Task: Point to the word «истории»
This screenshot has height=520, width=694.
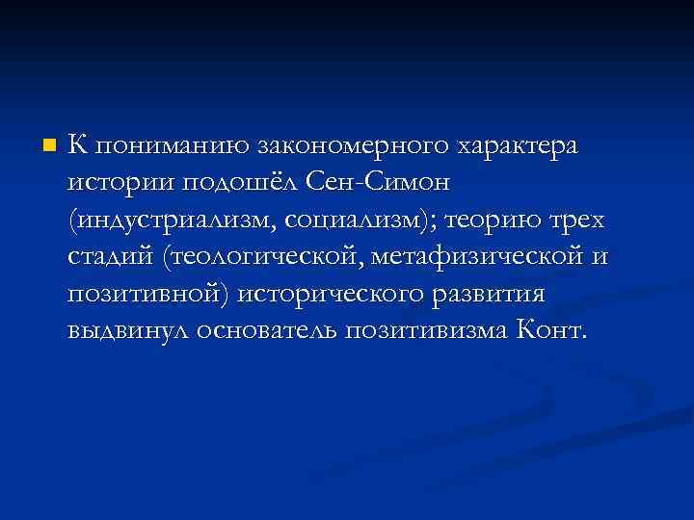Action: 112,183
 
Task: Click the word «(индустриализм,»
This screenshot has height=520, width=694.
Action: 173,220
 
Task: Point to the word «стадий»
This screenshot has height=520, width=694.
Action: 112,257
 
